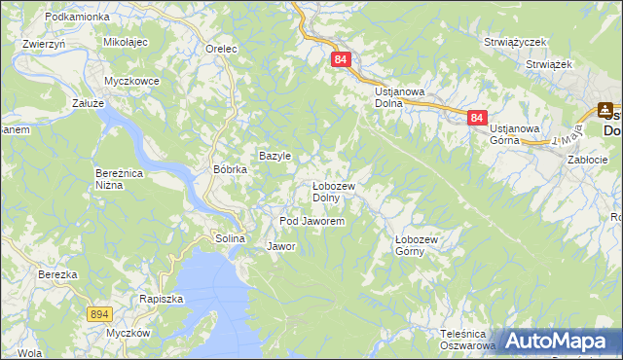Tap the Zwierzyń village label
(44, 44)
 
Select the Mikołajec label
(125, 44)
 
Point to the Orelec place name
(223, 48)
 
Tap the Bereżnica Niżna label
(120, 178)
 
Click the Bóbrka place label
(231, 168)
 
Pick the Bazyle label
(275, 156)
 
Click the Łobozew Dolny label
(333, 192)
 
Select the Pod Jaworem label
(312, 222)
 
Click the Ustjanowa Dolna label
(400, 97)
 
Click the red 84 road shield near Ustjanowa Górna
(476, 117)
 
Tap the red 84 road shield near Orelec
(340, 59)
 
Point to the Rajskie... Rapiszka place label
(161, 300)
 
